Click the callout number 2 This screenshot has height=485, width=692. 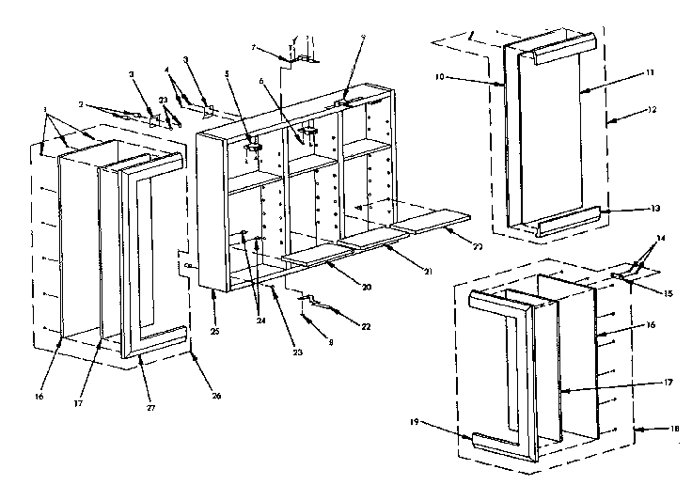pyautogui.click(x=81, y=105)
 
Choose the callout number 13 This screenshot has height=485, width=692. pyautogui.click(x=627, y=209)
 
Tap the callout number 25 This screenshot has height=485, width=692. pyautogui.click(x=215, y=306)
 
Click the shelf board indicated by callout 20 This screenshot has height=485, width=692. pyautogui.click(x=310, y=253)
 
